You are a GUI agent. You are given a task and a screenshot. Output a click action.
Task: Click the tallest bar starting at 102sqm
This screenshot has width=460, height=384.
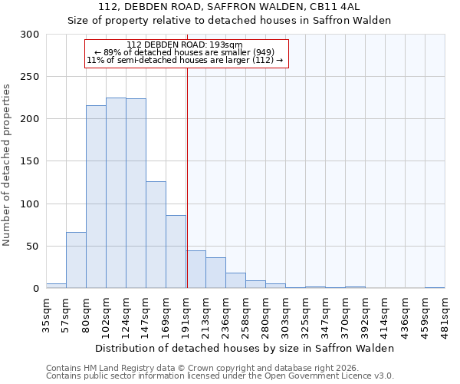tap(116, 193)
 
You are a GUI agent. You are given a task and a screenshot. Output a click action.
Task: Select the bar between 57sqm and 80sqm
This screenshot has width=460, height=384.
tap(76, 260)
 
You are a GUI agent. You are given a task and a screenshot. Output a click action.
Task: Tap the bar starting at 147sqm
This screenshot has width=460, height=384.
tap(156, 234)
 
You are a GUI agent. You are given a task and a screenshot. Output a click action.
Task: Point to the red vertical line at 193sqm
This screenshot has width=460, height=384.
tap(187, 169)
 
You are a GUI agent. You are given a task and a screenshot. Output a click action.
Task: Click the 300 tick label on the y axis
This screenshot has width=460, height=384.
tap(30, 35)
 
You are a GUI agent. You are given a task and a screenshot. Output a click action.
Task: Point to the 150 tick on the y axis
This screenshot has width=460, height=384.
tap(30, 161)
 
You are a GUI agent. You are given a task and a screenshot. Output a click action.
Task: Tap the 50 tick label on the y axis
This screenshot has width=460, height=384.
tap(33, 247)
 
